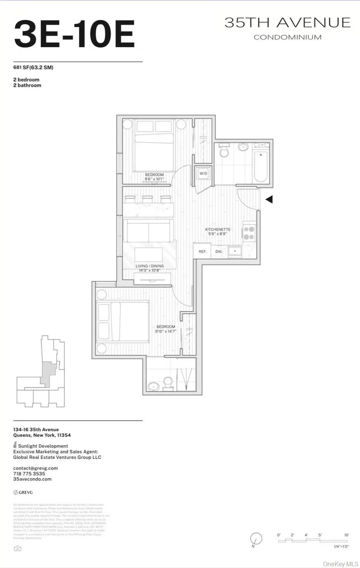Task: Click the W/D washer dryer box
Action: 203,173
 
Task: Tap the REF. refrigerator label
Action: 202,251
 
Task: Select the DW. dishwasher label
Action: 219,251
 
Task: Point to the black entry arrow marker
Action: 269,199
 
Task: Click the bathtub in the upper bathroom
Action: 261,166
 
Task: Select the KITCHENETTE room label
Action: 218,229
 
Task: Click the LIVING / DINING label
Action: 149,266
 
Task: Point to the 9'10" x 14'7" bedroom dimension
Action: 165,331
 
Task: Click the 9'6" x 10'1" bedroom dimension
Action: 154,179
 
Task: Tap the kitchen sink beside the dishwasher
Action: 235,251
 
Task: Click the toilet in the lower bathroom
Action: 168,383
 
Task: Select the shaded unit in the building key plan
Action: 47,373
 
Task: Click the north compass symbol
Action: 256,538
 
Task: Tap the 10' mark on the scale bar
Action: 346,535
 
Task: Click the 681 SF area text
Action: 33,67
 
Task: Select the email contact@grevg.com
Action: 36,468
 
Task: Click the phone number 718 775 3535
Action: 29,474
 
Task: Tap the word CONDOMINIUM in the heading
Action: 287,37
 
